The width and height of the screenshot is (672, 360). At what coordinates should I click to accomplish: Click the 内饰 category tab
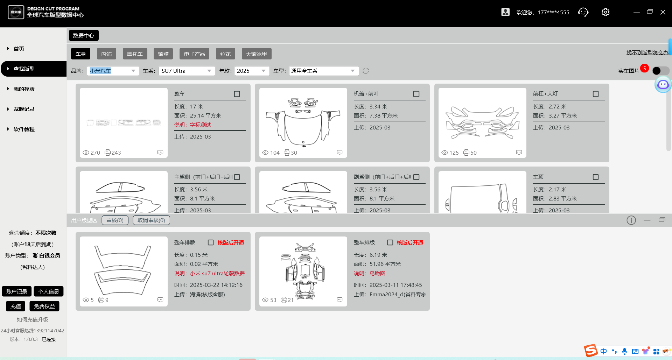point(106,54)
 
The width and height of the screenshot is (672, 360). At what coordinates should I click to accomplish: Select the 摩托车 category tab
point(135,54)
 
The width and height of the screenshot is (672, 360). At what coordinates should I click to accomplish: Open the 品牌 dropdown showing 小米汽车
point(113,71)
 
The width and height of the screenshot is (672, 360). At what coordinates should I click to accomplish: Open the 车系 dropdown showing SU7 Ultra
point(186,71)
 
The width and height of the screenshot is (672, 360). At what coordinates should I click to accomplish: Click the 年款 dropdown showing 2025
point(252,71)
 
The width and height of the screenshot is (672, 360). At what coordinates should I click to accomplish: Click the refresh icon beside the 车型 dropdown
point(366,71)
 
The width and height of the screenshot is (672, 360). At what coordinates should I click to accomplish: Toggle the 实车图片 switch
point(660,71)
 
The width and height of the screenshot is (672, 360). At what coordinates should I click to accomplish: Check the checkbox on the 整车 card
point(237,94)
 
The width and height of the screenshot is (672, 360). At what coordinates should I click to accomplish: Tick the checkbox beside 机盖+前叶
point(416,94)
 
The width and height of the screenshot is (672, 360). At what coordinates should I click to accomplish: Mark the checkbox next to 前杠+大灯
point(596,94)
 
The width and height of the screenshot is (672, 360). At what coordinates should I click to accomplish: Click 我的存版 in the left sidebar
point(24,89)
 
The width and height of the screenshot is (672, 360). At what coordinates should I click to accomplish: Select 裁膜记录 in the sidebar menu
point(24,109)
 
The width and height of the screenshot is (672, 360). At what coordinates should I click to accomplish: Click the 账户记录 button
point(16,291)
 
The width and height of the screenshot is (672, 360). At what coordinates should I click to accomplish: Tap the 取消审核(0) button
point(151,220)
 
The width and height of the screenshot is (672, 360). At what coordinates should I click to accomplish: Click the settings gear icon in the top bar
point(605,12)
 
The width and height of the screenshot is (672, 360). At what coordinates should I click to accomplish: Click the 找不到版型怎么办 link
point(647,52)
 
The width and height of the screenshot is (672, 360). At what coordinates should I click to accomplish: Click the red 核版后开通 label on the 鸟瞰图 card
point(409,242)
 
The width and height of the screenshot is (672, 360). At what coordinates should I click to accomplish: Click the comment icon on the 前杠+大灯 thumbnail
point(519,153)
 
